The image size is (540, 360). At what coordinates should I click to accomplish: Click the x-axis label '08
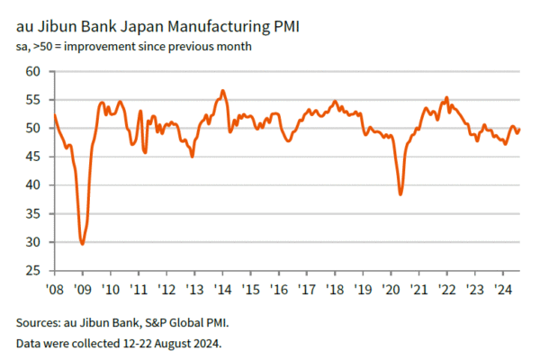pyautogui.click(x=55, y=290)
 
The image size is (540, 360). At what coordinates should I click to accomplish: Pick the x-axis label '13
pyautogui.click(x=193, y=290)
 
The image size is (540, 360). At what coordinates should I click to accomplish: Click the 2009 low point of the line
pyautogui.click(x=83, y=244)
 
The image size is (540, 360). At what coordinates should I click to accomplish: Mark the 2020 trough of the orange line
pyautogui.click(x=400, y=194)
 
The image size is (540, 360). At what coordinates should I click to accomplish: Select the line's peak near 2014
pyautogui.click(x=222, y=90)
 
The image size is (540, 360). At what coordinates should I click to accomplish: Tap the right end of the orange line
pyautogui.click(x=519, y=130)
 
